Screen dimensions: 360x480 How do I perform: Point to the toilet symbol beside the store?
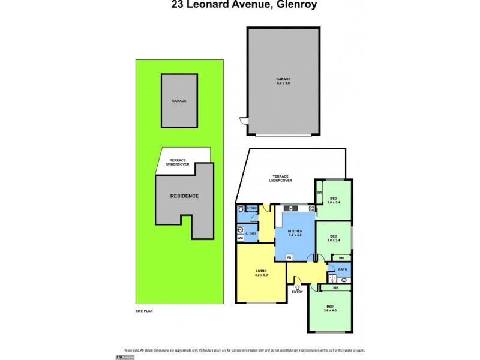(240, 209)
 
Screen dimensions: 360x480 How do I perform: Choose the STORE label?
(252, 209)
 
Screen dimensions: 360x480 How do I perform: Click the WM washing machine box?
(240, 238)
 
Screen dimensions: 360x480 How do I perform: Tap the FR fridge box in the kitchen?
(289, 257)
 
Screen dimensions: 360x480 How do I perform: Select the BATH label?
(343, 269)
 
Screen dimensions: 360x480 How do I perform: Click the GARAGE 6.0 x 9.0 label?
(283, 81)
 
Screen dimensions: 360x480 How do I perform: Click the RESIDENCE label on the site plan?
(184, 196)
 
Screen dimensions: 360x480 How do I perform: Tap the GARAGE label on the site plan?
(179, 101)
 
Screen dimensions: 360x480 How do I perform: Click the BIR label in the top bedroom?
(320, 193)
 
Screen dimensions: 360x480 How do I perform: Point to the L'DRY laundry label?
(251, 233)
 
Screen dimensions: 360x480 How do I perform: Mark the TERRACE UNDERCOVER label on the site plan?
(178, 162)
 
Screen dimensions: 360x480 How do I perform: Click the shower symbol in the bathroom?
(332, 278)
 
